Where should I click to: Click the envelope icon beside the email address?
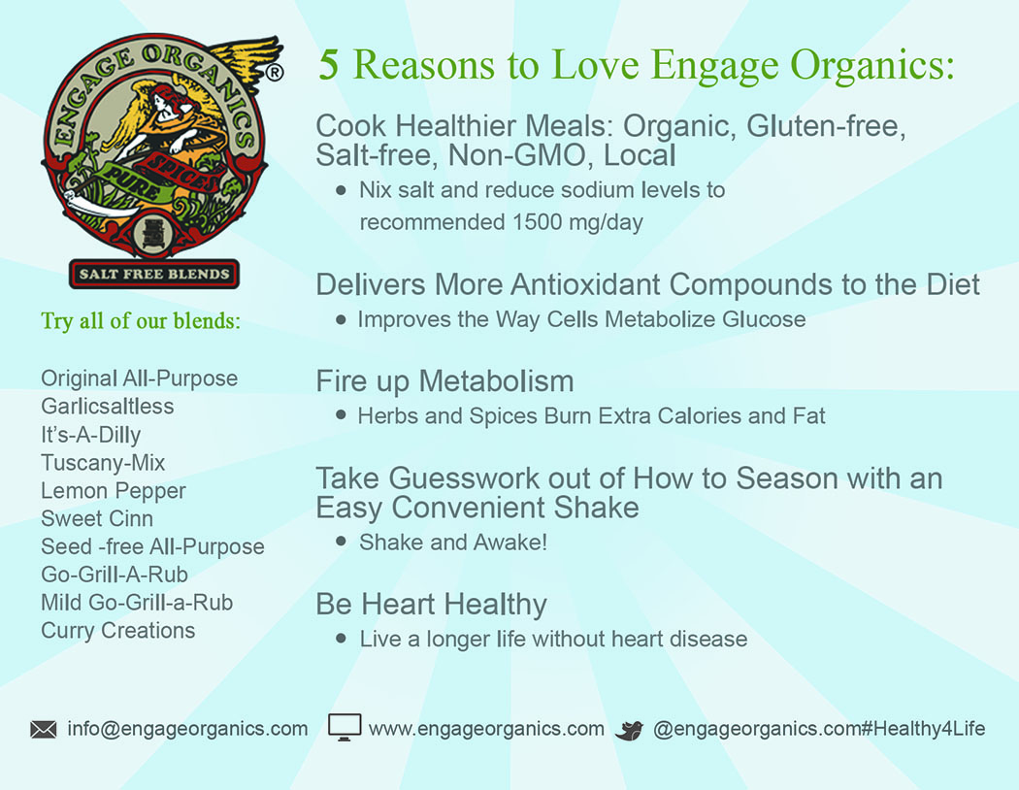tap(44, 730)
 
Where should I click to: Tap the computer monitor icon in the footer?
tap(345, 728)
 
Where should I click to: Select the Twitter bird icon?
tap(629, 730)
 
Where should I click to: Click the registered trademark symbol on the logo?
tap(275, 72)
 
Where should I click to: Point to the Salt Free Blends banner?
tap(154, 274)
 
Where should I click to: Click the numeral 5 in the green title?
tap(329, 65)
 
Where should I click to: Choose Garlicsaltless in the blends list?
tap(107, 407)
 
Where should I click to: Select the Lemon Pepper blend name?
tap(114, 491)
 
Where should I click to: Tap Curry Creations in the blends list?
tap(117, 631)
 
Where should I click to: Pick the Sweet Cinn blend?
tap(97, 519)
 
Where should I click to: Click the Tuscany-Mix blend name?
tap(103, 463)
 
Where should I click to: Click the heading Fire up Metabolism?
tap(445, 381)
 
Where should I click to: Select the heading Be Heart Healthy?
tap(432, 605)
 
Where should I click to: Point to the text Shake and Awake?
tap(453, 543)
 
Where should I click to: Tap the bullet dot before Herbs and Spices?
tap(342, 415)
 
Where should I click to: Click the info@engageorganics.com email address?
tap(188, 729)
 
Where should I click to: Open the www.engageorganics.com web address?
tap(487, 729)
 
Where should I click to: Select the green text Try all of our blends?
tap(141, 321)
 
